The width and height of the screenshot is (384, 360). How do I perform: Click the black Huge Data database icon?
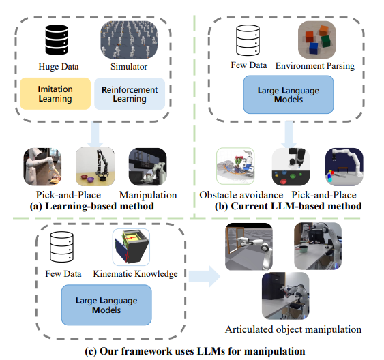pyautogui.click(x=57, y=40)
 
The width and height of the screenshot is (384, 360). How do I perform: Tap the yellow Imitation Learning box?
pyautogui.click(x=55, y=93)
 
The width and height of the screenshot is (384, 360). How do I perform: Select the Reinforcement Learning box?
pyautogui.click(x=130, y=93)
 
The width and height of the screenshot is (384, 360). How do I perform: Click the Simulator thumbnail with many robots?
pyautogui.click(x=129, y=40)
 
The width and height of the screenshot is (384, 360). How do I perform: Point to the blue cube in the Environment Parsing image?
pyautogui.click(x=314, y=48)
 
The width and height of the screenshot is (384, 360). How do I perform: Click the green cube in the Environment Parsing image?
pyautogui.click(x=326, y=41)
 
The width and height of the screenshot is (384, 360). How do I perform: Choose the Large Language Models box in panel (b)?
pyautogui.click(x=289, y=95)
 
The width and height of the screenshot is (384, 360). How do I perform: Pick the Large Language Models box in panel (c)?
pyautogui.click(x=106, y=305)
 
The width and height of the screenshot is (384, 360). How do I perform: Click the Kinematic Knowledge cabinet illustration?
pyautogui.click(x=131, y=247)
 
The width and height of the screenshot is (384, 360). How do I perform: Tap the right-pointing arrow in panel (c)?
pyautogui.click(x=205, y=276)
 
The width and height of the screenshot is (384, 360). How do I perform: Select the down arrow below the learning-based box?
pyautogui.click(x=95, y=134)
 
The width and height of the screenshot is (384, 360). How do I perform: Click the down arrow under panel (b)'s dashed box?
pyautogui.click(x=289, y=134)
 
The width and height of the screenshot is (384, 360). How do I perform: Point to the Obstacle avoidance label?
pyautogui.click(x=241, y=195)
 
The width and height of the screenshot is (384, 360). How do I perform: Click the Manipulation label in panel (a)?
pyautogui.click(x=148, y=195)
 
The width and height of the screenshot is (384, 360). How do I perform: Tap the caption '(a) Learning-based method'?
pyautogui.click(x=92, y=206)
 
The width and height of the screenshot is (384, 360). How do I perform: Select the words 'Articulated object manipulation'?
pyautogui.click(x=293, y=329)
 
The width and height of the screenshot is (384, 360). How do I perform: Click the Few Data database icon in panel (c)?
pyautogui.click(x=61, y=247)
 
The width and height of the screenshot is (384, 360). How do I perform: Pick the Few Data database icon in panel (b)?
pyautogui.click(x=248, y=40)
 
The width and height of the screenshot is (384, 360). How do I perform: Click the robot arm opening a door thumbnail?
pyautogui.click(x=249, y=247)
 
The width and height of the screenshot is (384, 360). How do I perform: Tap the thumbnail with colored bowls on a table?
pyautogui.click(x=95, y=166)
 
